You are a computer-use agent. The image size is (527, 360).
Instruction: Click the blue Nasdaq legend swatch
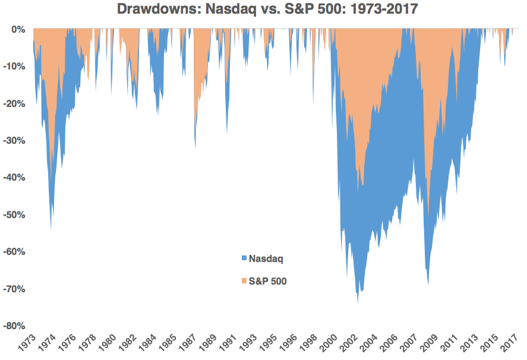click(x=244, y=259)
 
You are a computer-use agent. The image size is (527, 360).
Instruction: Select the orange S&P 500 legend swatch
click(x=244, y=281)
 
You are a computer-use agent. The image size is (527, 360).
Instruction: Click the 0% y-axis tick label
click(x=18, y=29)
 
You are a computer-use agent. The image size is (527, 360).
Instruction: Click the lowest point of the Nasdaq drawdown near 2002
click(x=358, y=302)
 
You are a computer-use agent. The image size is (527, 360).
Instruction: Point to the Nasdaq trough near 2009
click(x=428, y=285)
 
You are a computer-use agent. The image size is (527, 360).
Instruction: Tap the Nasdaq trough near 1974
click(x=51, y=230)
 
